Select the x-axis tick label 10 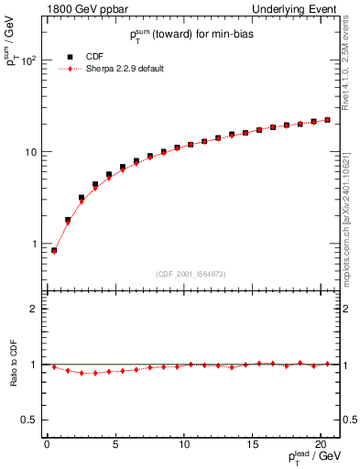(184, 446)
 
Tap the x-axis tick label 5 (115, 446)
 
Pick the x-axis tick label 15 (253, 446)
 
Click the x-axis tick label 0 (47, 446)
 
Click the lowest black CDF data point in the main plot (54, 250)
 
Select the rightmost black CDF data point (327, 120)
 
